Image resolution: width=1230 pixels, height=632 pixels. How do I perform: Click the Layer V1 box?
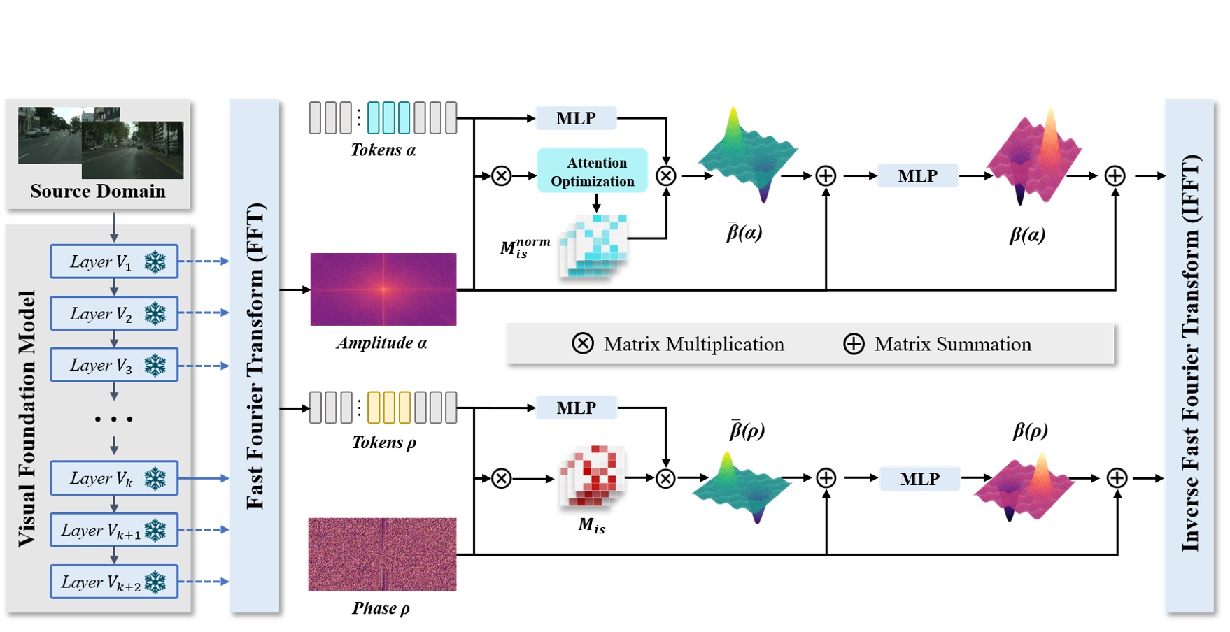point(114,261)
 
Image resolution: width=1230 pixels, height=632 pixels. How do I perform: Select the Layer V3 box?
point(114,365)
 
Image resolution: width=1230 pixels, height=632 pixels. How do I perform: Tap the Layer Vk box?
point(114,478)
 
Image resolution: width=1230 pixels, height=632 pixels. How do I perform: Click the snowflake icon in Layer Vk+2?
point(155,582)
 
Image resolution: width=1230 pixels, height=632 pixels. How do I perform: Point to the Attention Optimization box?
point(593,171)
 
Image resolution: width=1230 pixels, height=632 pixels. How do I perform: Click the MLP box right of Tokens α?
point(576,118)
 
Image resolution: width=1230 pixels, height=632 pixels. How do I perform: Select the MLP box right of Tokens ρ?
point(576,408)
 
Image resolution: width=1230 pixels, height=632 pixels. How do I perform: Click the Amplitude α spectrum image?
point(383,289)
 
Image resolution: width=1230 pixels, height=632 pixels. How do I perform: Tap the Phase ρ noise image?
point(383,554)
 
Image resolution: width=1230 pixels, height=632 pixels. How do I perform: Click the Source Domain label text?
point(98,191)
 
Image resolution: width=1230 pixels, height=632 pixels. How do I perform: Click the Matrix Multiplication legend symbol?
point(583,343)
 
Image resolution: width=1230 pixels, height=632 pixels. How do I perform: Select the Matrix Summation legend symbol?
point(854,344)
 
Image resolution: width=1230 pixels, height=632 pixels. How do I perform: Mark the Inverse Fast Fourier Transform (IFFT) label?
point(1190,353)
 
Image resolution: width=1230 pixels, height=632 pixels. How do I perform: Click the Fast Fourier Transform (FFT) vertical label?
point(255,356)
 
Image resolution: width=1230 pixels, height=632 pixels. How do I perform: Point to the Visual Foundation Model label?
point(27,418)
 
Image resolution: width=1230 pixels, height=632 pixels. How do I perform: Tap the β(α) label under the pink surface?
point(1027,234)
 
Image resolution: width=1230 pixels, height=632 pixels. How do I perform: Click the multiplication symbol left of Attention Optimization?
point(502,175)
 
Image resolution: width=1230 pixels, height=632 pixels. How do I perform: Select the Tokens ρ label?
point(384,443)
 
